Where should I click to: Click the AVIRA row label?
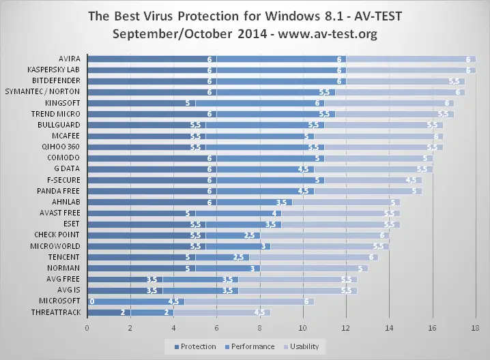pyautogui.click(x=70, y=59)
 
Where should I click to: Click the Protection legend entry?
pyautogui.click(x=197, y=346)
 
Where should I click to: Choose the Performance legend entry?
pyautogui.click(x=252, y=346)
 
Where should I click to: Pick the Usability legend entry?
pyautogui.click(x=303, y=346)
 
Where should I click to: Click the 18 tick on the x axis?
pyautogui.click(x=476, y=329)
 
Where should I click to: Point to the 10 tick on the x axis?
pyautogui.click(x=303, y=329)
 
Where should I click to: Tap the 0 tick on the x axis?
pyautogui.click(x=87, y=329)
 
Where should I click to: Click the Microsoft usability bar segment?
pyautogui.click(x=249, y=301)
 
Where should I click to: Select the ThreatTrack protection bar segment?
pyautogui.click(x=109, y=312)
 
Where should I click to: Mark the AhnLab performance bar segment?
pyautogui.click(x=255, y=202)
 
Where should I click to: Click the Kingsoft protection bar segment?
pyautogui.click(x=141, y=103)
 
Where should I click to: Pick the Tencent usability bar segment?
pyautogui.click(x=314, y=256)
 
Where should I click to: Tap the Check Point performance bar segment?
pyautogui.click(x=233, y=235)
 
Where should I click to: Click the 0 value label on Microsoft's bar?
pyautogui.click(x=92, y=301)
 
